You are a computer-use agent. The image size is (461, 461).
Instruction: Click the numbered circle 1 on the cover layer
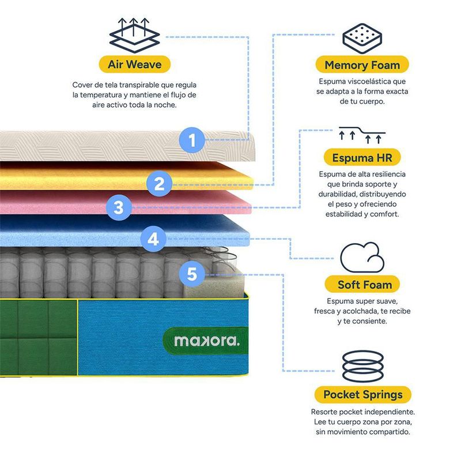tap(192, 140)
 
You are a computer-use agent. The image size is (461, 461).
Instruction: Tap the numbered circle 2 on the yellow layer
tap(160, 183)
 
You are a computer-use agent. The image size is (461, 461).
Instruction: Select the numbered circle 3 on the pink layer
tap(119, 207)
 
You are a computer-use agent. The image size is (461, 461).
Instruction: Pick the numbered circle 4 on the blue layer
tap(153, 239)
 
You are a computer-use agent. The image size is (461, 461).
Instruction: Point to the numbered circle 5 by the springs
tap(192, 274)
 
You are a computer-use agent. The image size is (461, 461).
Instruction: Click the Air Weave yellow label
tap(135, 64)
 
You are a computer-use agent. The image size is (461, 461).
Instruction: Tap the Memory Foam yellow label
tap(362, 65)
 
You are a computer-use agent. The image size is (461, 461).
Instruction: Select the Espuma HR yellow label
tap(362, 157)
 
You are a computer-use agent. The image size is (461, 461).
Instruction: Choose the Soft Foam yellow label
tap(362, 284)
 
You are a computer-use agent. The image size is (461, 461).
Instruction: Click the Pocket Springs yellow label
tap(363, 395)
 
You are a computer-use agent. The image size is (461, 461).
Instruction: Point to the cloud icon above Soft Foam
tap(362, 258)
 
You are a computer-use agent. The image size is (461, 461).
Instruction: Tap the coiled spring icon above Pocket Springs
tap(363, 366)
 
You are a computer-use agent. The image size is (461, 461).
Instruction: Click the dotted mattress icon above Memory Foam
tap(362, 39)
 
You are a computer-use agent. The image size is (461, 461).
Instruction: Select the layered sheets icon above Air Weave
tap(134, 35)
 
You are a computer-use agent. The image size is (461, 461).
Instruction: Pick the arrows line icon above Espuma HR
tap(362, 135)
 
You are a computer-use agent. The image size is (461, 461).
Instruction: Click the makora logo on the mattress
tap(207, 341)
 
